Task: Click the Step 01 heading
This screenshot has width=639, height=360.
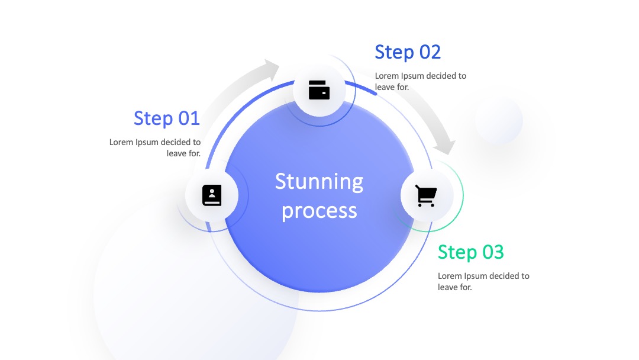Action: click(x=167, y=118)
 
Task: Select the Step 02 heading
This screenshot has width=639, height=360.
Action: click(x=408, y=52)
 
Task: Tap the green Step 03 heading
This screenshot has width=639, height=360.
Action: click(x=471, y=252)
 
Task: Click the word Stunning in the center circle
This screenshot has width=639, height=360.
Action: click(x=319, y=182)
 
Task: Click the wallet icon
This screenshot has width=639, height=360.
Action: click(x=319, y=90)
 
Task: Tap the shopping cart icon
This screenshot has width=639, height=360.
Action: click(x=426, y=196)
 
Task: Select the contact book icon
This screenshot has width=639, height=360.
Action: click(x=212, y=195)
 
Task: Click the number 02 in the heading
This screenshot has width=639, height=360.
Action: click(x=430, y=52)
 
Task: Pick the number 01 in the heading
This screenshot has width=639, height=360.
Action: click(x=189, y=118)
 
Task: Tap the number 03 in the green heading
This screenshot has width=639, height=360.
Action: click(x=493, y=252)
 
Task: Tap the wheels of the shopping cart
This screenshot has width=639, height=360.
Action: click(x=426, y=204)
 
